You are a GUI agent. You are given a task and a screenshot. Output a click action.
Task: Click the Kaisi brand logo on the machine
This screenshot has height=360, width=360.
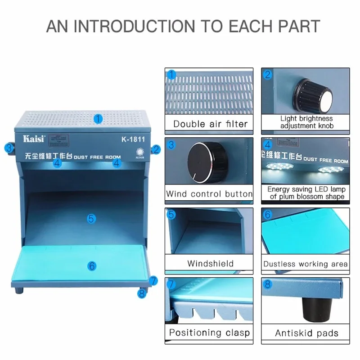click(x=34, y=139)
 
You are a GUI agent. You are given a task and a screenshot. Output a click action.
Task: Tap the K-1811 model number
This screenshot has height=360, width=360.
click(x=133, y=139)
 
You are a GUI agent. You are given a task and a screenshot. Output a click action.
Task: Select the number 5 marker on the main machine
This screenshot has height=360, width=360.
click(x=92, y=219)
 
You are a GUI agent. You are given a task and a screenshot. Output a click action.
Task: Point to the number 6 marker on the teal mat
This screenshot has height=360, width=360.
click(x=92, y=266)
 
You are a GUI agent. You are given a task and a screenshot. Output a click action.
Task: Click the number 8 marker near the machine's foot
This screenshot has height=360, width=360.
click(x=142, y=293)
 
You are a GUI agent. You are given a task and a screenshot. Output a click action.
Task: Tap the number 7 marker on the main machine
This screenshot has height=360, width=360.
click(x=153, y=280)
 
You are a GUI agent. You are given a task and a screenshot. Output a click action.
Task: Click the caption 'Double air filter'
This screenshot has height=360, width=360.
click(x=210, y=124)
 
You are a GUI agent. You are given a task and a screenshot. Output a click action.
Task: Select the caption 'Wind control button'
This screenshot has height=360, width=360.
click(x=209, y=194)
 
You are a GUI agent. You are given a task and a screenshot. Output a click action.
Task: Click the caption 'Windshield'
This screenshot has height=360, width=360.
click(x=210, y=263)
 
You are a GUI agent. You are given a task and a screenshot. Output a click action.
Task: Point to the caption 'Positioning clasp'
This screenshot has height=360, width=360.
click(x=209, y=333)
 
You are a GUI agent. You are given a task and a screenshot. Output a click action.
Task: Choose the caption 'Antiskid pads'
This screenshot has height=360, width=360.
click(x=306, y=333)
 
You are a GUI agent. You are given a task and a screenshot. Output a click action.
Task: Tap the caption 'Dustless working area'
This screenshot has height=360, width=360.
click(x=306, y=264)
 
